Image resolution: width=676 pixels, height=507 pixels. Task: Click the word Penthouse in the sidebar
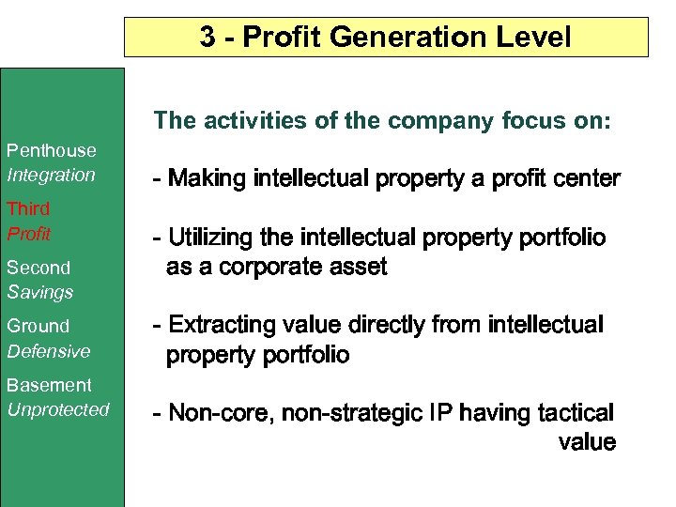pos(52,150)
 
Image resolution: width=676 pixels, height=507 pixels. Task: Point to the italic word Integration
pos(52,175)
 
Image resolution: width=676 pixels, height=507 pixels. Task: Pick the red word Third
pos(28,208)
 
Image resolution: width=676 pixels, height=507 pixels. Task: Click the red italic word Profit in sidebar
pos(29,233)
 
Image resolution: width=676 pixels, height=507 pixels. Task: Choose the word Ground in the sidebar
pos(38,326)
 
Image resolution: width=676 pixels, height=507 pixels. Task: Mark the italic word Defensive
pos(49,351)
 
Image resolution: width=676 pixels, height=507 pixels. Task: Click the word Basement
pos(50,385)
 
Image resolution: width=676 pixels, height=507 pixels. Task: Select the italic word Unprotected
pos(58,409)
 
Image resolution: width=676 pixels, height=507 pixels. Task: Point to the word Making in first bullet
pos(207,178)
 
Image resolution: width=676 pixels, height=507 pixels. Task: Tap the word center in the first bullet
pos(589,178)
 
